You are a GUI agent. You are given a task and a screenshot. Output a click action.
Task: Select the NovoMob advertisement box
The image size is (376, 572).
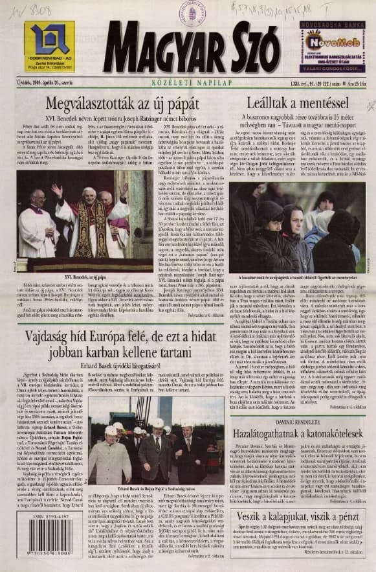pyautogui.click(x=331, y=46)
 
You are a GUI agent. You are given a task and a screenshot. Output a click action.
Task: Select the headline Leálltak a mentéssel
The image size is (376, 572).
pyautogui.click(x=298, y=103)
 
